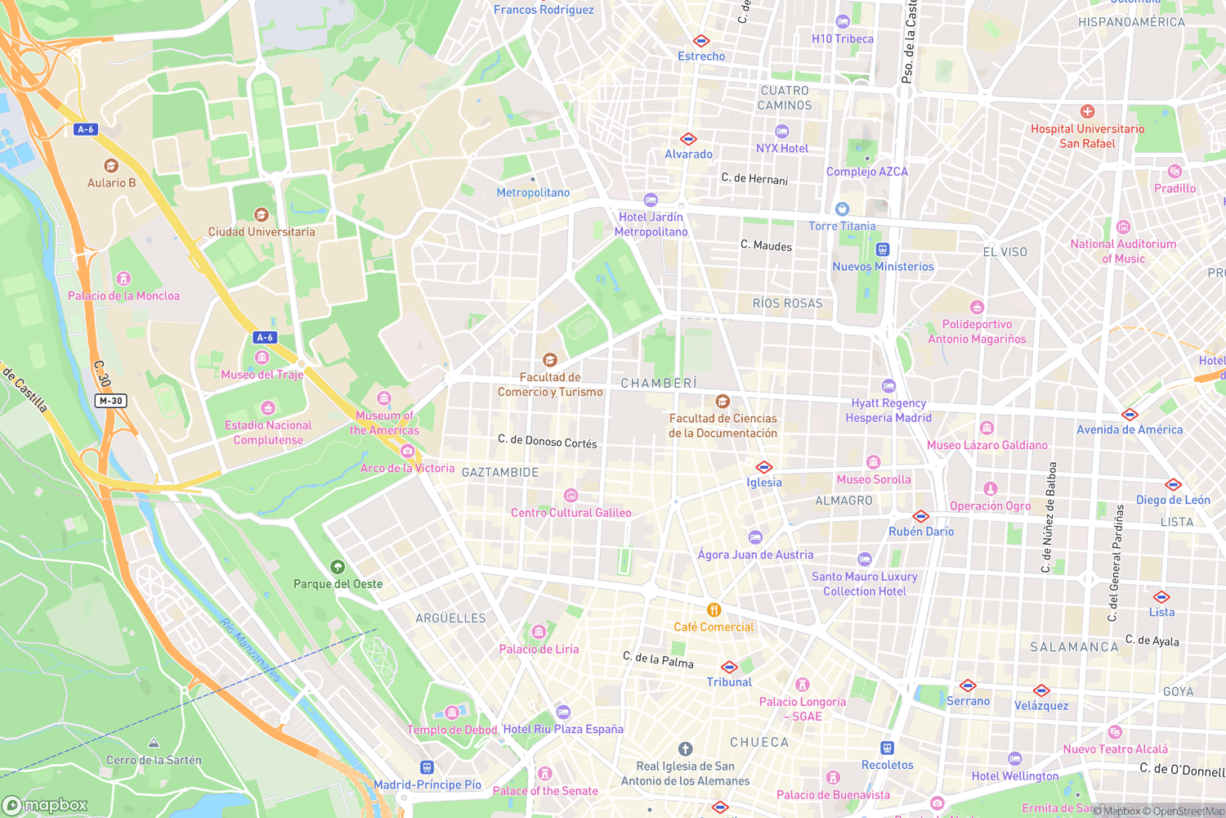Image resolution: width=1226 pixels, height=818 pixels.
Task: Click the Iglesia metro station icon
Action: [x=764, y=467]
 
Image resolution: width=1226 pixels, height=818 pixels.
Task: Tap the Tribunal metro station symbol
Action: [x=729, y=667]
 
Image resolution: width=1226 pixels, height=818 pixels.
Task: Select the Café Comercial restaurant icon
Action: [x=714, y=610]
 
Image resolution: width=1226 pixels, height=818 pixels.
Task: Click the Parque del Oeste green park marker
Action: [x=338, y=567]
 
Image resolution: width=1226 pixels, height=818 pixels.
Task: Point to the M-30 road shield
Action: [x=110, y=401]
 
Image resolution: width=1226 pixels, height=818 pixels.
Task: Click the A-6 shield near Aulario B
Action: [x=85, y=129]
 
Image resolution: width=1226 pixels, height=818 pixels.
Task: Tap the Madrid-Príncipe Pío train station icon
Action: [x=427, y=767]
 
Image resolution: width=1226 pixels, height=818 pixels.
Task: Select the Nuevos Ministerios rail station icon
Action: [x=882, y=249]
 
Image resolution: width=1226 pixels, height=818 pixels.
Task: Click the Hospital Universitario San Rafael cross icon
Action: [x=1087, y=111]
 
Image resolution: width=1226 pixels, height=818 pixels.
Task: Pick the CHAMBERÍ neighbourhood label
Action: [x=659, y=383]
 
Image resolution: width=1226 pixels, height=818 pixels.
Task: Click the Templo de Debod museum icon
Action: [x=451, y=712]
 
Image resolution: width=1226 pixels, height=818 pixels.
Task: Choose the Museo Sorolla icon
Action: [x=873, y=462]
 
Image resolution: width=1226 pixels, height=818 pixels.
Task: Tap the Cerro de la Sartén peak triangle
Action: [x=154, y=743]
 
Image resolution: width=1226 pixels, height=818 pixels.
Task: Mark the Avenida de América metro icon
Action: [x=1130, y=414]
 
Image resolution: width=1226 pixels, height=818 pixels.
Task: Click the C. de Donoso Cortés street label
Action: [x=548, y=442]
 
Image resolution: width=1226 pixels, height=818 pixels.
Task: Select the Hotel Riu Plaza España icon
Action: [x=562, y=712]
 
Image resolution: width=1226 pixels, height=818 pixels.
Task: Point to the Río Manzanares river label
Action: [x=250, y=650]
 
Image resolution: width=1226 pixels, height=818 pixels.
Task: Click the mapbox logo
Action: [x=45, y=805]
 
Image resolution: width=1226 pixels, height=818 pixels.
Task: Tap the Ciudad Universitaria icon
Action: [x=262, y=214]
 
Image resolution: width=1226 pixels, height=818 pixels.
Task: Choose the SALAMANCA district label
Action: [x=1074, y=647]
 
